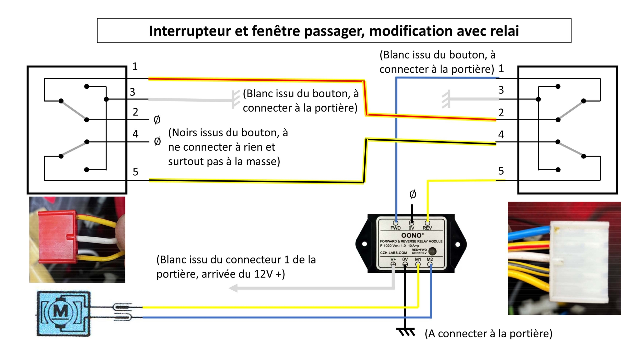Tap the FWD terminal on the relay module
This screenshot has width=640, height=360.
(x=396, y=223)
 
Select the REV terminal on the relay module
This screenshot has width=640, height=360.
(x=427, y=223)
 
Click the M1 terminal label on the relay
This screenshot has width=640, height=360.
(x=418, y=260)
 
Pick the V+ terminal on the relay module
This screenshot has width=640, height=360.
(x=393, y=264)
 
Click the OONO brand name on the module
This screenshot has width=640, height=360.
(x=412, y=235)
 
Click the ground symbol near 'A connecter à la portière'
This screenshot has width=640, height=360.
(x=406, y=332)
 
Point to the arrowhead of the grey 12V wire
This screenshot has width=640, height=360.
(x=233, y=288)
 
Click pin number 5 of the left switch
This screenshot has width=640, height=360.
(x=135, y=172)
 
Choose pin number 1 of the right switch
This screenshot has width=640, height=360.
(x=501, y=68)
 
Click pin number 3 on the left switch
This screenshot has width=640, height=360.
(x=132, y=92)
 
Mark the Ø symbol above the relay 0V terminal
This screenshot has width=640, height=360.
(x=412, y=194)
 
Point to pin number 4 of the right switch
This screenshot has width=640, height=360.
(x=501, y=134)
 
